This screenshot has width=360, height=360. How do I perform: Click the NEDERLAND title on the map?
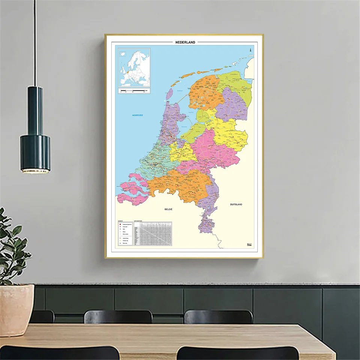185,42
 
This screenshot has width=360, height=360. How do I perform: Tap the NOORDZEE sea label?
138,115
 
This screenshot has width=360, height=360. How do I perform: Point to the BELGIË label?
168,208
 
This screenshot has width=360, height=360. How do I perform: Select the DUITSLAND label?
236,204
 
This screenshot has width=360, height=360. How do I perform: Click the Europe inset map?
134,67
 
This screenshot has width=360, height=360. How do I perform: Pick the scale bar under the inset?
134,91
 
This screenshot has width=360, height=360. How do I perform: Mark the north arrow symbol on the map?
249,50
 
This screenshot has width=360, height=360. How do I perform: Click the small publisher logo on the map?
249,245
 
